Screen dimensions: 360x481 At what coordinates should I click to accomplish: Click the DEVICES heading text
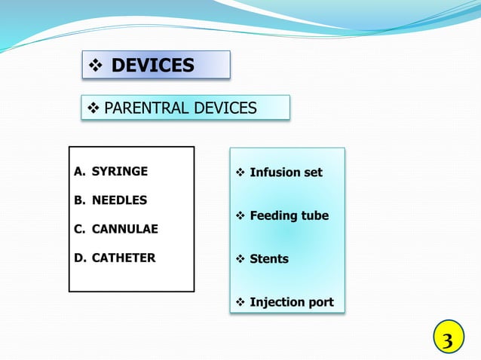152,66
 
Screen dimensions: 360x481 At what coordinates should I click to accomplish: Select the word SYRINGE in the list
120,172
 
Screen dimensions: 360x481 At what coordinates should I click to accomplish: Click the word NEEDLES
119,200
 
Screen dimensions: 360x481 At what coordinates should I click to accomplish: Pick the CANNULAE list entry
124,229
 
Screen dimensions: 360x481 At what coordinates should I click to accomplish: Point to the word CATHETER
124,258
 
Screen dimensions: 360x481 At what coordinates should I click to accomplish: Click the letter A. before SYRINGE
79,172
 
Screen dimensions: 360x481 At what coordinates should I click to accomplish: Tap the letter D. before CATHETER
80,258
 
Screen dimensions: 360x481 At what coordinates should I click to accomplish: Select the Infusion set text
286,172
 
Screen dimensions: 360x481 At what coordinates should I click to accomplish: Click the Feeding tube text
289,215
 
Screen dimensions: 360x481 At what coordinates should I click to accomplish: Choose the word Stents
269,259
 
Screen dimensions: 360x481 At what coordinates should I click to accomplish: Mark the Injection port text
291,302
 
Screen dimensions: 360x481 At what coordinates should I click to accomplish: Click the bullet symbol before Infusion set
240,172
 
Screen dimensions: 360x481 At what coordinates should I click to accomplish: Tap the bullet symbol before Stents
240,259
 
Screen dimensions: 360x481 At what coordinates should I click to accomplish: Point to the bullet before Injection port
240,302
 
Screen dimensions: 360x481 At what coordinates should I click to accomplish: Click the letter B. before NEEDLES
79,200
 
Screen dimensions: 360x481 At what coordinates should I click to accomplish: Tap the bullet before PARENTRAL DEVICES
93,108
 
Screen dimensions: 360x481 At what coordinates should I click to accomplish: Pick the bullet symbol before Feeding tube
240,215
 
